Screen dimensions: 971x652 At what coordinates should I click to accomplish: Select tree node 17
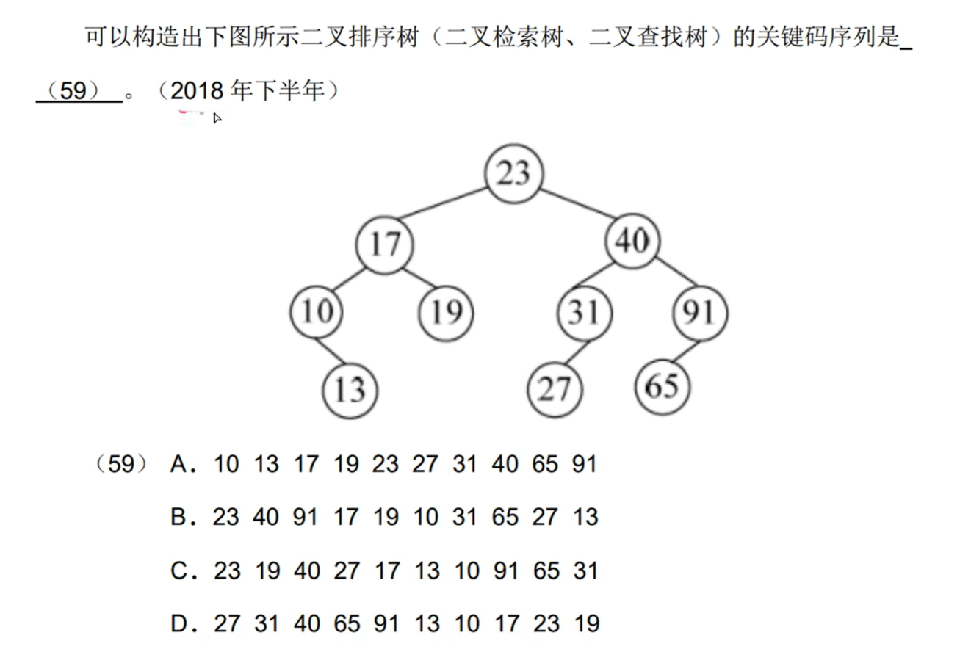pyautogui.click(x=384, y=243)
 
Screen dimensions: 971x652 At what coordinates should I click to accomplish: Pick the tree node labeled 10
pyautogui.click(x=317, y=313)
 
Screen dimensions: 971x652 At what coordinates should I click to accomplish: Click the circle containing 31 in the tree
pyautogui.click(x=584, y=313)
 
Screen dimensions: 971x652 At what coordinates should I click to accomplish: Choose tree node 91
pyautogui.click(x=700, y=313)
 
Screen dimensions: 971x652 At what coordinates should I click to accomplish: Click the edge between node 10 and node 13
pyautogui.click(x=333, y=351)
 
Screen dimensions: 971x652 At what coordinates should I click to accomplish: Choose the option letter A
pyautogui.click(x=180, y=464)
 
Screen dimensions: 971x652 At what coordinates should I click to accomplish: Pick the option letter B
pyautogui.click(x=180, y=518)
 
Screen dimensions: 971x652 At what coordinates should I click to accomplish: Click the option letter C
pyautogui.click(x=180, y=571)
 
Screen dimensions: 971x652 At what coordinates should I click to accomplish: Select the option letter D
pyautogui.click(x=180, y=625)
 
